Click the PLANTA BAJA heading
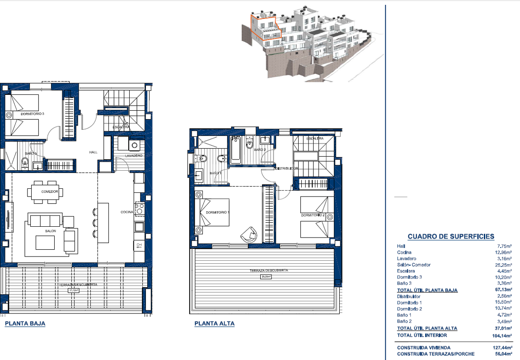tap(25, 323)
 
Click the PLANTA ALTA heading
tap(215, 323)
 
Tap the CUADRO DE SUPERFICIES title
tap(450, 236)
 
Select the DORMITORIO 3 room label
tap(32, 114)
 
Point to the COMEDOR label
tap(50, 192)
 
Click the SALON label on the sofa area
tap(50, 231)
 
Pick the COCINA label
tap(126, 212)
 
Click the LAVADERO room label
tap(134, 156)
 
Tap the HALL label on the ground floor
tap(94, 152)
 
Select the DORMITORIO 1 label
tap(218, 212)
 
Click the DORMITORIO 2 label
tap(313, 215)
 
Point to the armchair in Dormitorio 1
tap(248, 234)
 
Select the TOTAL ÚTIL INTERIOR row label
tap(422, 335)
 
